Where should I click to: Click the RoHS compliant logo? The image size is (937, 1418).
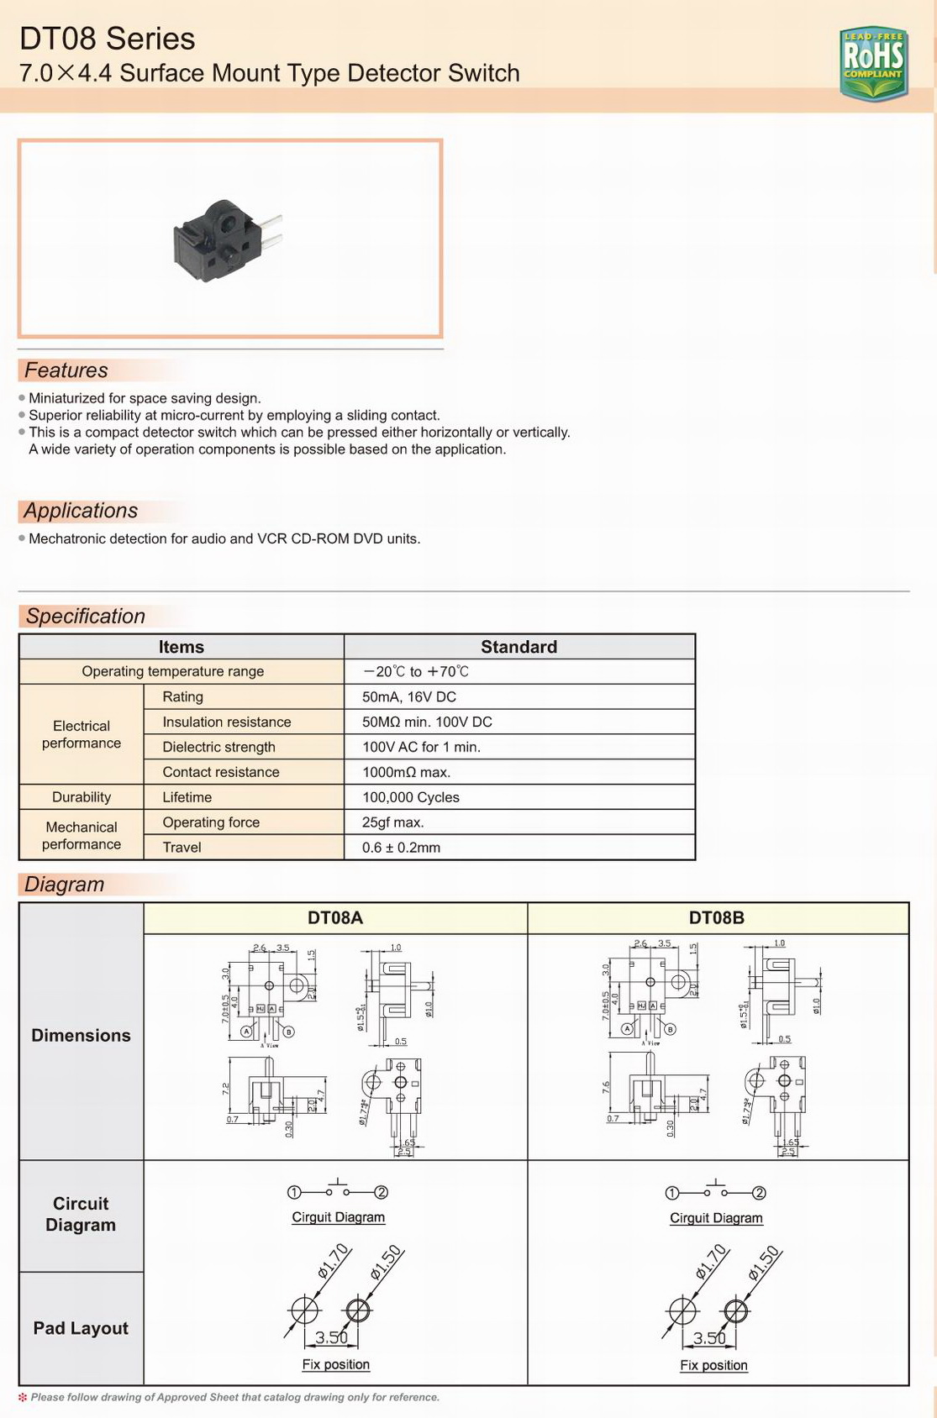tap(873, 63)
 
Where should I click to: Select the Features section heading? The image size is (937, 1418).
tap(66, 370)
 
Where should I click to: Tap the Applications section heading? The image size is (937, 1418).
tap(81, 511)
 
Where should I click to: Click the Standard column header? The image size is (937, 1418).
tap(519, 647)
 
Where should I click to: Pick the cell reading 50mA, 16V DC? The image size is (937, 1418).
tap(409, 696)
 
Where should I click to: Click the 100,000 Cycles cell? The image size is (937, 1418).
tap(411, 797)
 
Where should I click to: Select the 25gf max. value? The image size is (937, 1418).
tap(393, 822)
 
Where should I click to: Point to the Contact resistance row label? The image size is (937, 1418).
tap(221, 772)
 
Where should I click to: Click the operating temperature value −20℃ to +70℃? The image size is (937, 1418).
tap(416, 671)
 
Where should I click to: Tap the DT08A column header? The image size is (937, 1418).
tap(335, 917)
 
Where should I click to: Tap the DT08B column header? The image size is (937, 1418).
tap(717, 917)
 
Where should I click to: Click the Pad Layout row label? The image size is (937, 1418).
tap(81, 1328)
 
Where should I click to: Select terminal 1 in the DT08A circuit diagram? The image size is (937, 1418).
tap(294, 1192)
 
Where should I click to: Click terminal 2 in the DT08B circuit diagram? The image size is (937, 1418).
tap(759, 1193)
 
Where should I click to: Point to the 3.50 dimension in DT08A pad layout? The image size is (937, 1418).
tap(332, 1337)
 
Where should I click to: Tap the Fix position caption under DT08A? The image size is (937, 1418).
tap(336, 1364)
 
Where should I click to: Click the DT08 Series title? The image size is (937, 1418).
tap(108, 39)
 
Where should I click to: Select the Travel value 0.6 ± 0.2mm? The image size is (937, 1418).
tap(402, 848)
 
